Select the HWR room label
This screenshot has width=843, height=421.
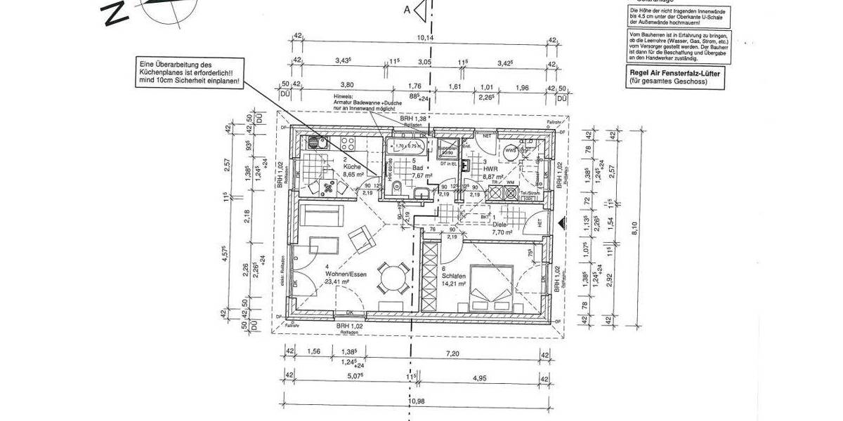pos(490,169)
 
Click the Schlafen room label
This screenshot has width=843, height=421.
pos(454,276)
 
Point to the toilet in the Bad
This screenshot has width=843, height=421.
pos(398,187)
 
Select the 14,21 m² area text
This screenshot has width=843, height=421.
pos(455,284)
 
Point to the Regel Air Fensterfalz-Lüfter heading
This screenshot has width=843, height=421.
pos(674,73)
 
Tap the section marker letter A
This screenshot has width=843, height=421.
pos(406,9)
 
